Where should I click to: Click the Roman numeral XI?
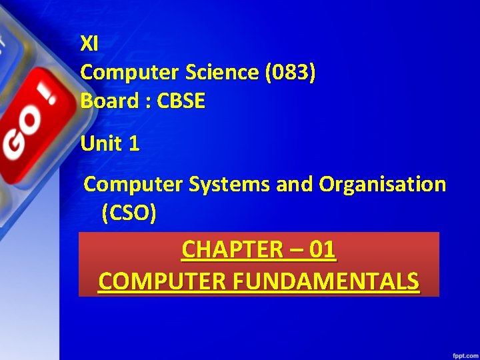(x=89, y=44)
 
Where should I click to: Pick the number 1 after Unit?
(x=134, y=143)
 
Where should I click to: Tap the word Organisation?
(x=383, y=184)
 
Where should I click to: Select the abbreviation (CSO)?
(x=129, y=213)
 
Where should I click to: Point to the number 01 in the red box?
(x=323, y=250)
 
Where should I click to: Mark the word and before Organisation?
(x=295, y=184)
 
